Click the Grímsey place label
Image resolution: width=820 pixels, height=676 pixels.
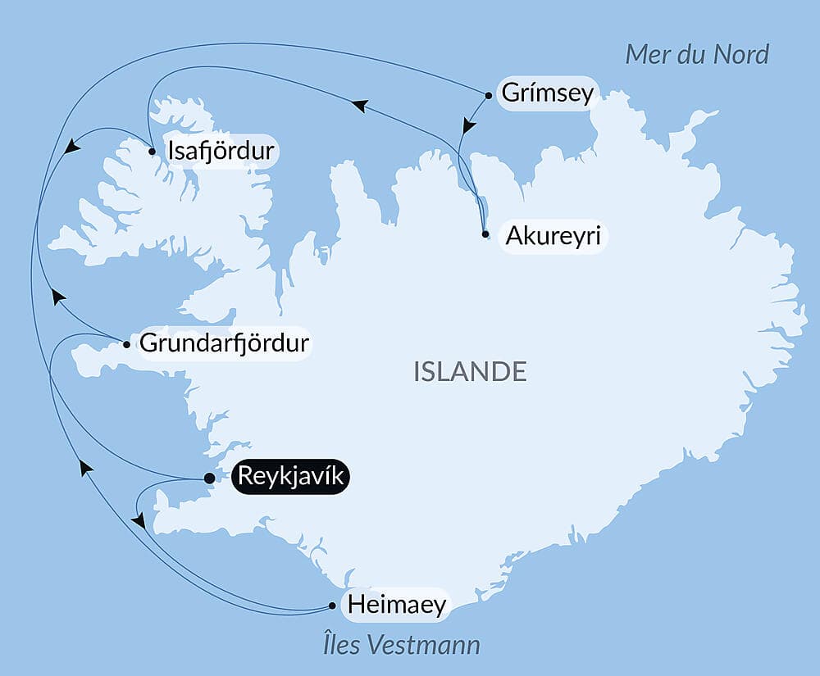pyautogui.click(x=547, y=93)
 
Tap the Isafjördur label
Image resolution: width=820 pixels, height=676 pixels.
pyautogui.click(x=220, y=151)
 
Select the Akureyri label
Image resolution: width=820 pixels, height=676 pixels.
pyautogui.click(x=553, y=236)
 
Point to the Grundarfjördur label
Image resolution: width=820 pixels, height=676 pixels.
pyautogui.click(x=225, y=343)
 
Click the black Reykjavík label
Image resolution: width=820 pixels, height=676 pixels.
pyautogui.click(x=291, y=477)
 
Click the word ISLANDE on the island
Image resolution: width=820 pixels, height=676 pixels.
pyautogui.click(x=470, y=371)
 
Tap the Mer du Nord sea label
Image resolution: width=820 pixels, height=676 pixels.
pyautogui.click(x=697, y=54)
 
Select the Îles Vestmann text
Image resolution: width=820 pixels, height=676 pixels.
pyautogui.click(x=401, y=645)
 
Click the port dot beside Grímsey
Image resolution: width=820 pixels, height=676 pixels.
pyautogui.click(x=489, y=95)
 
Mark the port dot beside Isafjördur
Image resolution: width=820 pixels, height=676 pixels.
pyautogui.click(x=153, y=151)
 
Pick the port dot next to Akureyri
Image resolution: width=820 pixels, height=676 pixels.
pyautogui.click(x=485, y=234)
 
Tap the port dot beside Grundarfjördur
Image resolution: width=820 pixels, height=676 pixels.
pyautogui.click(x=126, y=344)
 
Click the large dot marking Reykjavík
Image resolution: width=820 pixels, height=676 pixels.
pyautogui.click(x=209, y=478)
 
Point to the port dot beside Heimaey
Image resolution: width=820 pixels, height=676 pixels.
pyautogui.click(x=332, y=606)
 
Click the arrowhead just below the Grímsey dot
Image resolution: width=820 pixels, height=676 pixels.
pyautogui.click(x=467, y=126)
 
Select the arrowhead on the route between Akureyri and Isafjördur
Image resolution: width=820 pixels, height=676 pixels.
pyautogui.click(x=359, y=105)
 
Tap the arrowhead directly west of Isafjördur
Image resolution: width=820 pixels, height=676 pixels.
pyautogui.click(x=72, y=146)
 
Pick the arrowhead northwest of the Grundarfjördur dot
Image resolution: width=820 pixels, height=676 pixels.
pyautogui.click(x=57, y=296)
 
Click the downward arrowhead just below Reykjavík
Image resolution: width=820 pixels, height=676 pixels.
pyautogui.click(x=139, y=521)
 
